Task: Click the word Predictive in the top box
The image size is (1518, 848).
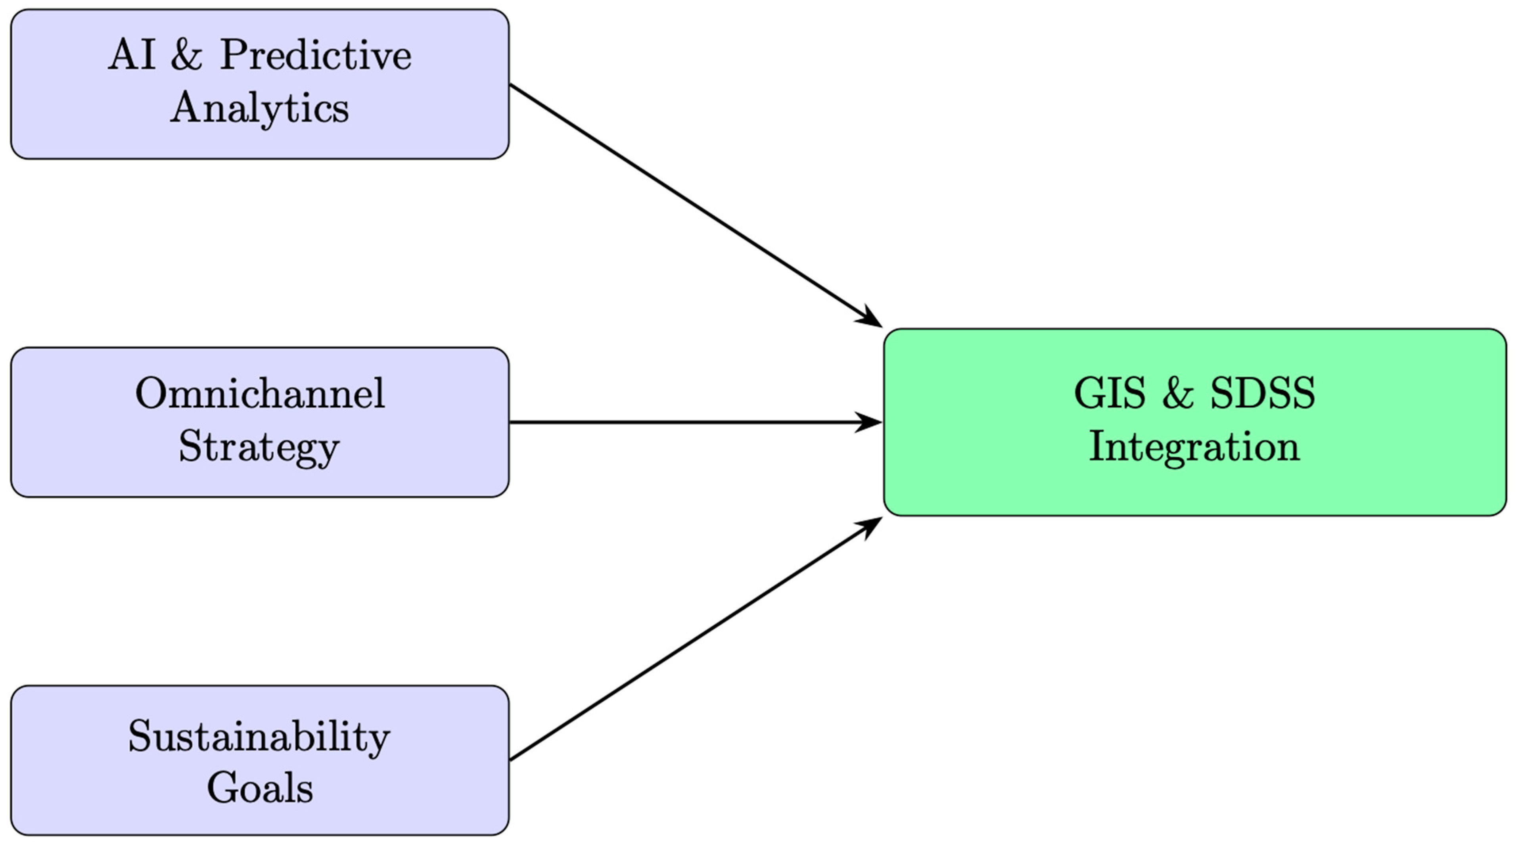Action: click(x=316, y=56)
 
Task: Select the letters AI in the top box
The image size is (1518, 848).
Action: click(x=132, y=56)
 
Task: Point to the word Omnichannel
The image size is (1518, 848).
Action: click(x=260, y=393)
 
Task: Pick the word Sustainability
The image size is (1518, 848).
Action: click(x=259, y=737)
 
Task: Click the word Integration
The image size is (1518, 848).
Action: click(x=1194, y=447)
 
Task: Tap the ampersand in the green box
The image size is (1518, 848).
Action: click(x=1178, y=393)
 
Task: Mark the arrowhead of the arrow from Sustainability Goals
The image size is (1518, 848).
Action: click(x=871, y=525)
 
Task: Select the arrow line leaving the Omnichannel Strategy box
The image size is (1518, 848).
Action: click(x=678, y=422)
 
